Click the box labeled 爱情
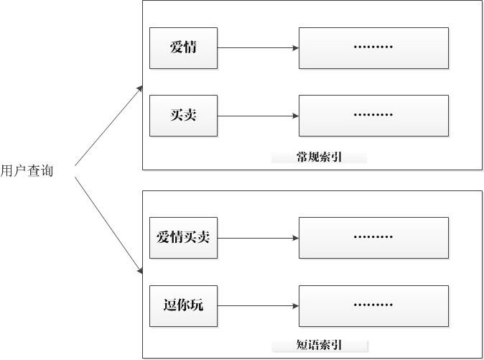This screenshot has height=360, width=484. click(183, 48)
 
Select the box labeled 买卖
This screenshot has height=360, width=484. click(183, 116)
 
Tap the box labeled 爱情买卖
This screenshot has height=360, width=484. click(183, 238)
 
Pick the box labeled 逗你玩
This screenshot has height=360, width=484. click(183, 306)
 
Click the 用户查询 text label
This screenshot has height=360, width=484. click(27, 171)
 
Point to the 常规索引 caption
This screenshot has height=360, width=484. click(319, 157)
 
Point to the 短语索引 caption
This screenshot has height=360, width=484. click(319, 345)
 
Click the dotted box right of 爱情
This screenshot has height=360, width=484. click(373, 48)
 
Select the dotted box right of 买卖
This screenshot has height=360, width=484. click(373, 116)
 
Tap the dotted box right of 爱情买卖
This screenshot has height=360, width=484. click(373, 238)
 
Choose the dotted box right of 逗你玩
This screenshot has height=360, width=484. click(373, 306)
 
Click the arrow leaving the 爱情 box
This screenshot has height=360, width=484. click(258, 48)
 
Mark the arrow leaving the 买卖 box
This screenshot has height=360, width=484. click(258, 116)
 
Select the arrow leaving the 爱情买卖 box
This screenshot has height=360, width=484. click(258, 238)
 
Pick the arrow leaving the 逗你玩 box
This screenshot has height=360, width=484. click(258, 306)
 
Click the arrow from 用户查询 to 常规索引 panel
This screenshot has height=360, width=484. click(108, 126)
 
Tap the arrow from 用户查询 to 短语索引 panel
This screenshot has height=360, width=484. click(108, 226)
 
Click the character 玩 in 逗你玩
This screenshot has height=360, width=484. click(197, 305)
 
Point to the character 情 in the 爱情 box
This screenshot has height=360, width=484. click(190, 47)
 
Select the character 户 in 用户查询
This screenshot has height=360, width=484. click(20, 171)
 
